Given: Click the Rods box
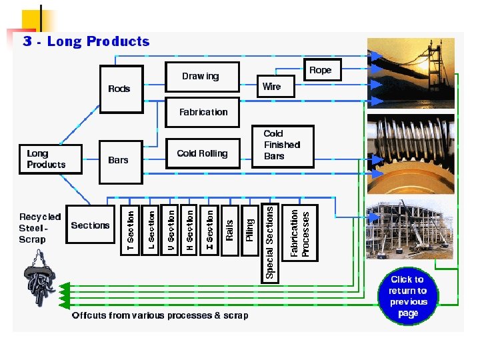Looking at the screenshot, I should (x=120, y=88).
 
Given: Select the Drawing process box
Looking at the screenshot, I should (x=201, y=77).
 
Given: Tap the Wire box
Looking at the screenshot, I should (x=272, y=87).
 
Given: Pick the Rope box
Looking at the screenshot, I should (x=321, y=70).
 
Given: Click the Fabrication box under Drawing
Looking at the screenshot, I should (x=204, y=112).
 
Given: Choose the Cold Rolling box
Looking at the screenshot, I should (x=202, y=153).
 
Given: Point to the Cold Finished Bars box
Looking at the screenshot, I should (x=282, y=145).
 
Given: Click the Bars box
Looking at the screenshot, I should (x=120, y=161).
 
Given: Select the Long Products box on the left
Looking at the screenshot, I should (x=45, y=159).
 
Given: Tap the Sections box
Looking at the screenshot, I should (x=90, y=225).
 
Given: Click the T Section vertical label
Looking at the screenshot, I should (x=131, y=231).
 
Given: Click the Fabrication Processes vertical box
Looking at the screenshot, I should (x=300, y=233).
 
